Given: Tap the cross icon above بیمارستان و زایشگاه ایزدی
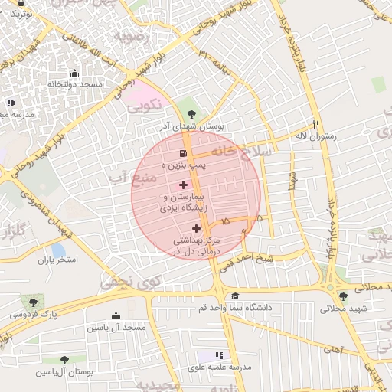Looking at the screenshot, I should (x=183, y=185).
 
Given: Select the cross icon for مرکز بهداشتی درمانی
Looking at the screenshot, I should (x=196, y=228).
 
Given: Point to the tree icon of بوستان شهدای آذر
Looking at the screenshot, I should (x=181, y=116).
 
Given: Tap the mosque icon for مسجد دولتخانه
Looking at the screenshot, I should (x=74, y=73).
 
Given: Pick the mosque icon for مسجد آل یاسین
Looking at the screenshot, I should (x=116, y=315).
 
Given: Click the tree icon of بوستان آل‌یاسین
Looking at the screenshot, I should (x=64, y=359).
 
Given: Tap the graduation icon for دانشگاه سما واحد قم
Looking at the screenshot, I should (x=235, y=296).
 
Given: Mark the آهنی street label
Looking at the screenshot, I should (x=333, y=349).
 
